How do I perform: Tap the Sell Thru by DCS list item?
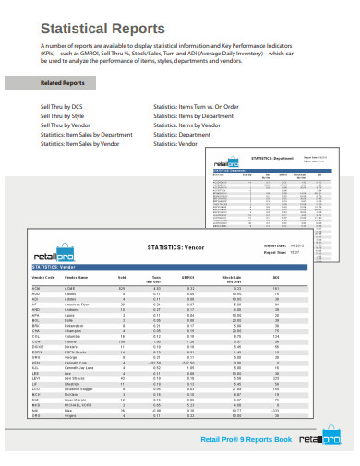(42, 107)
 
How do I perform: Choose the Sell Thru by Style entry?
(42, 116)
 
